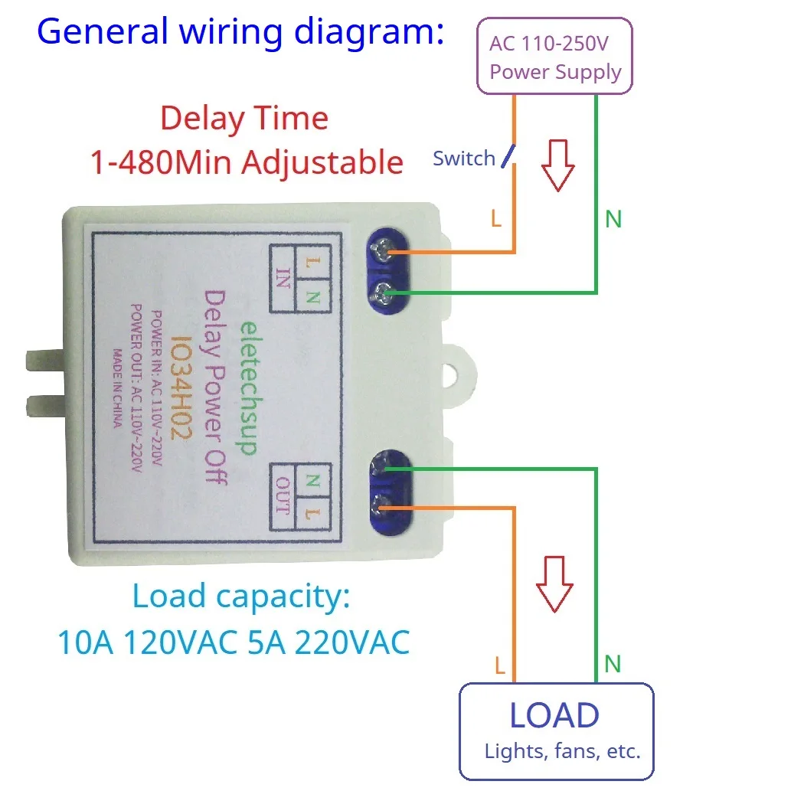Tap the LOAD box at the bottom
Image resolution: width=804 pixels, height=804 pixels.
[556, 731]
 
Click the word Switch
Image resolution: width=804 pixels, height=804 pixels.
[463, 159]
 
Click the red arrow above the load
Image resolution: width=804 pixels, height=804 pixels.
[554, 583]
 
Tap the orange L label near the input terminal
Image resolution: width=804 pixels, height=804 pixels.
[495, 220]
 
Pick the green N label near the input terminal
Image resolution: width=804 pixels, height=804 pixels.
[613, 220]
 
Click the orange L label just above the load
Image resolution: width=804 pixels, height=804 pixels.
[499, 665]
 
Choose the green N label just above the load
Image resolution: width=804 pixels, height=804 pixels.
[612, 664]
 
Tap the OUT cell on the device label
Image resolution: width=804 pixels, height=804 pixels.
[283, 496]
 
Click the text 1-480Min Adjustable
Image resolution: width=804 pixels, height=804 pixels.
[247, 162]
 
